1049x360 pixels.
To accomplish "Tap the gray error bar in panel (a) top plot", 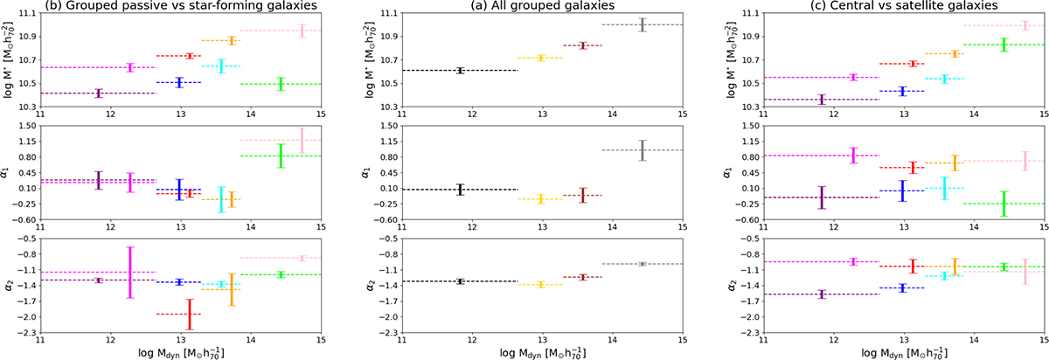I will point(643,24).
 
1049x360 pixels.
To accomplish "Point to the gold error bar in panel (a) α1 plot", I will point(542,198).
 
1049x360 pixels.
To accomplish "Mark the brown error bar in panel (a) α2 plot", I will point(583,277).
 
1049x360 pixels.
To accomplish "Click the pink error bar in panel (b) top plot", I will point(302,31).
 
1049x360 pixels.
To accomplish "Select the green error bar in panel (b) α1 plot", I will point(281,156).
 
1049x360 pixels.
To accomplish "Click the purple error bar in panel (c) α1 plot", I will point(821,197).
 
